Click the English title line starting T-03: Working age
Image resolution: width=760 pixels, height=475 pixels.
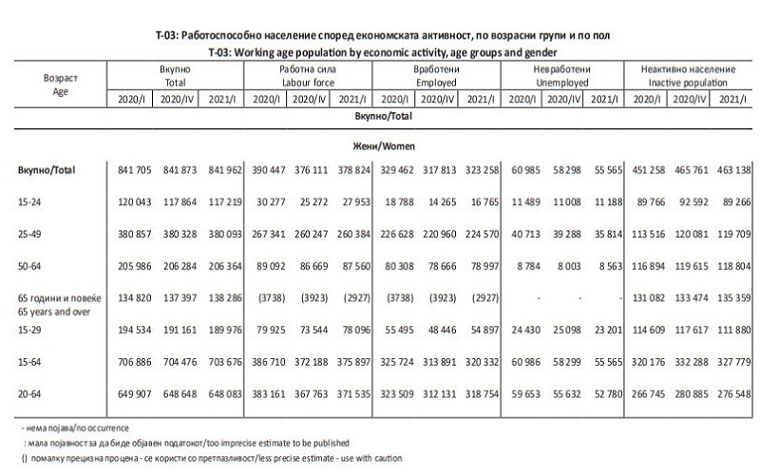380,50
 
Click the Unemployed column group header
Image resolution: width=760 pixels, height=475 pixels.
560,77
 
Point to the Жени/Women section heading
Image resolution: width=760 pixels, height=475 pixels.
380,147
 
